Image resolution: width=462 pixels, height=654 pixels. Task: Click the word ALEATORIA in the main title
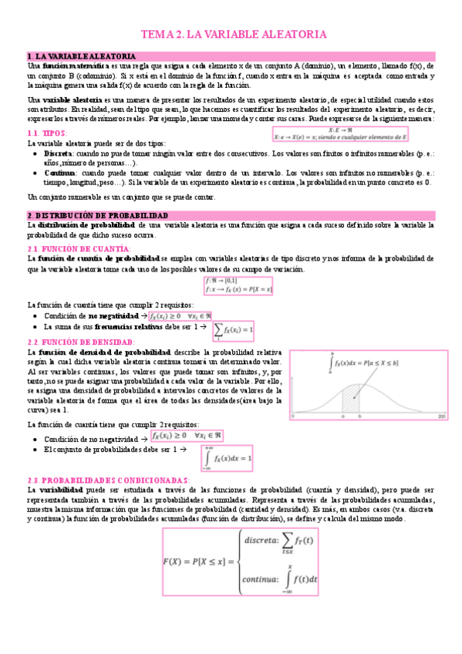click(289, 35)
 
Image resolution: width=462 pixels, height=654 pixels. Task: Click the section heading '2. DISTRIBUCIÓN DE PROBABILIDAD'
click(97, 214)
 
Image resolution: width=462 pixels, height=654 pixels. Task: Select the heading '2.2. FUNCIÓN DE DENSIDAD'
click(81, 342)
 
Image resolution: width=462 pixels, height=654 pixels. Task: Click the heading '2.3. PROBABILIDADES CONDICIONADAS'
click(108, 480)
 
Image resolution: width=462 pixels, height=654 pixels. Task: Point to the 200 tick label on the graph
click(442, 416)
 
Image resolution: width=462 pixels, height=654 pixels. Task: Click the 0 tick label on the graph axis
click(294, 416)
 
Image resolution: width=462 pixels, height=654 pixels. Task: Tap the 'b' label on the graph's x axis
click(359, 416)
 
